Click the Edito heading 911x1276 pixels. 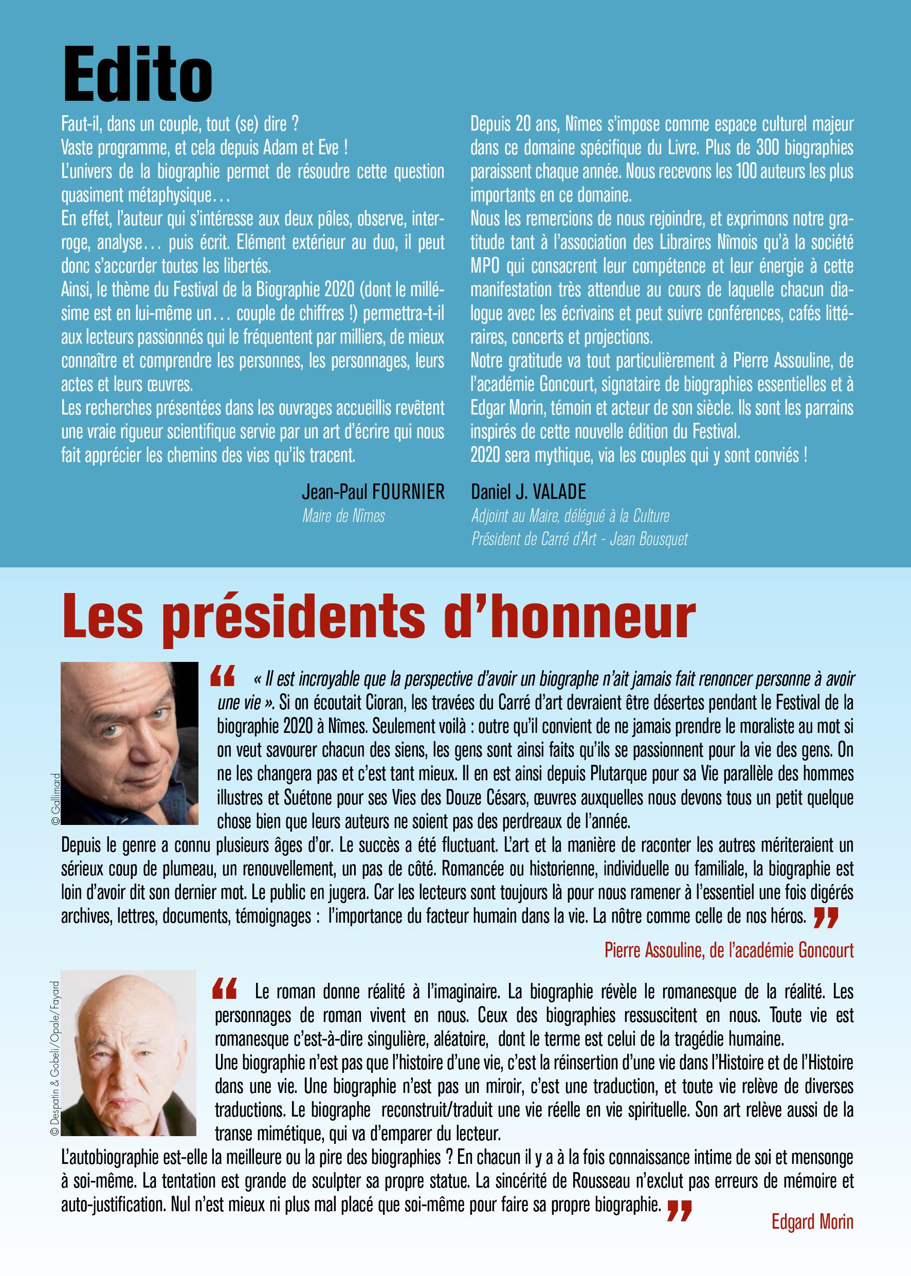tap(138, 77)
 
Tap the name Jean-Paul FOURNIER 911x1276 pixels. tap(373, 492)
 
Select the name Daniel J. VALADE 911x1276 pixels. tap(529, 492)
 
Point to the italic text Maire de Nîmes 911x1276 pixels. tap(343, 516)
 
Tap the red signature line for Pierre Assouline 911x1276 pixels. tap(729, 950)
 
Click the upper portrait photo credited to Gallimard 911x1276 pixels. tap(130, 744)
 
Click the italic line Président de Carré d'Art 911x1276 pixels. tap(579, 539)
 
